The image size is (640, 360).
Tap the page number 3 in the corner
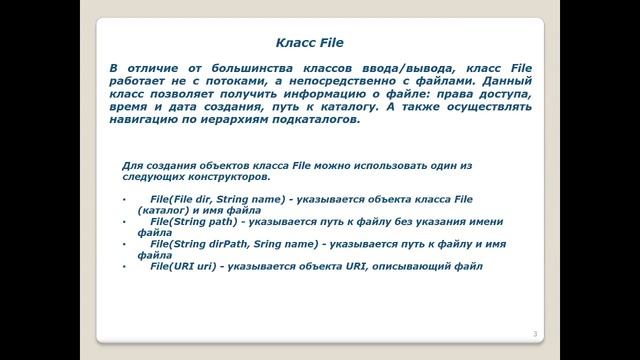(535, 333)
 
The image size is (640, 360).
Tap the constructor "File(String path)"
(187, 219)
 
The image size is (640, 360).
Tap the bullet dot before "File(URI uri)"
(124, 266)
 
